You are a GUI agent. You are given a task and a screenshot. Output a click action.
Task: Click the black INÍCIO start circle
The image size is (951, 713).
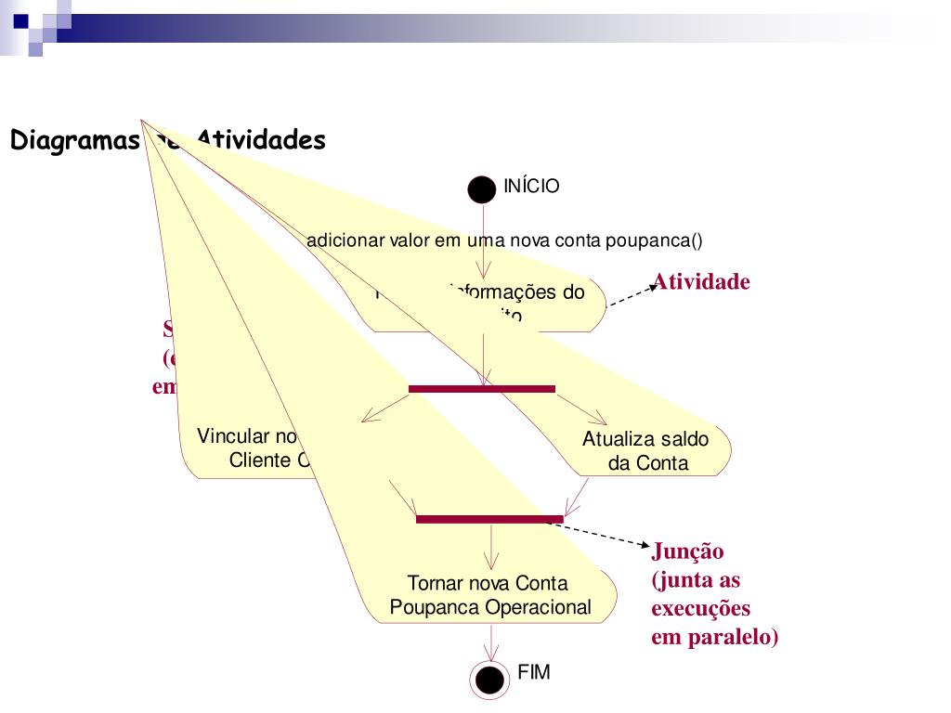pos(482,189)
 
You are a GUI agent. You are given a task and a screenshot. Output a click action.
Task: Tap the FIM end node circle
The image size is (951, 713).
pos(489,681)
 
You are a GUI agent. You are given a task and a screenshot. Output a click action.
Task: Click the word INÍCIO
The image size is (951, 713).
pos(531,187)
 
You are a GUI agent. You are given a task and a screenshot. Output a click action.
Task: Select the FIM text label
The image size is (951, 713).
pos(534,673)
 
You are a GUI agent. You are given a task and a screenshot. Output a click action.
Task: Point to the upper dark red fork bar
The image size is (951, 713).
pos(482,388)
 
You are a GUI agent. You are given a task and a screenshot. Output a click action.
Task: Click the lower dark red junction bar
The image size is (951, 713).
pos(489,519)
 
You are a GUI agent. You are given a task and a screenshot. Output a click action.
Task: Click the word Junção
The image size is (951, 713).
pos(687,551)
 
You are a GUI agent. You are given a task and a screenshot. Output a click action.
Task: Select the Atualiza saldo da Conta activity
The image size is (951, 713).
pos(646,451)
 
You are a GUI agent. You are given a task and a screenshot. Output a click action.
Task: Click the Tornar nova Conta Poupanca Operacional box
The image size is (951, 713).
pos(489,596)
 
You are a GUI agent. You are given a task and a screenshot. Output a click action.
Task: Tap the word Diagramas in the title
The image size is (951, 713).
pos(74,141)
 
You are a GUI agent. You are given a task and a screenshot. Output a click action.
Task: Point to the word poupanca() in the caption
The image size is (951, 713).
pos(654,240)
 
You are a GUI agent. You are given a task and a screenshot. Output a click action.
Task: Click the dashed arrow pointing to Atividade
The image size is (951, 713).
pos(632,296)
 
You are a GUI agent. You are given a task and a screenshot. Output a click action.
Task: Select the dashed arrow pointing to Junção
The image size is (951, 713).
pos(604,533)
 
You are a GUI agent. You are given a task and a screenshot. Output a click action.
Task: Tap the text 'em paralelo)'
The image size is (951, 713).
pos(714,638)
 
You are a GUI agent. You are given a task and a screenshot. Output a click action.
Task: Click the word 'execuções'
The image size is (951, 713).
pos(700,609)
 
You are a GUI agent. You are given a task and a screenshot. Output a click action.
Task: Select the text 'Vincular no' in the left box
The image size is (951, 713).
pos(247,436)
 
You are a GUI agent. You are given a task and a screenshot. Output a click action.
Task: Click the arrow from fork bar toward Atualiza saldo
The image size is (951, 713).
pos(580,408)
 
